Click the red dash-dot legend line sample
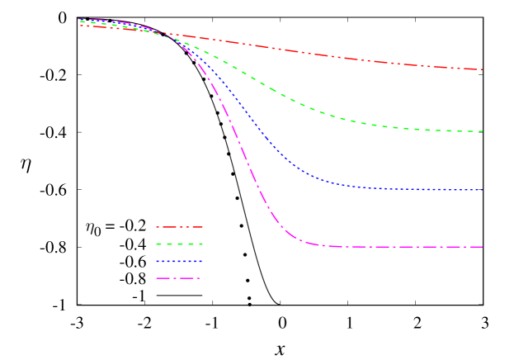(179, 226)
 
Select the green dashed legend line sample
(179, 244)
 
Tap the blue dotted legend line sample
(179, 261)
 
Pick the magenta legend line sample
(179, 278)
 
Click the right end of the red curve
(483, 69)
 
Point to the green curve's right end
(483, 131)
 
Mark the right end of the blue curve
(483, 191)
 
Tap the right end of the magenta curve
(483, 247)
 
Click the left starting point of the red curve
(80, 26)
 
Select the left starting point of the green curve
(80, 21)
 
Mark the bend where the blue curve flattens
(330, 182)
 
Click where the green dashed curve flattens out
(371, 124)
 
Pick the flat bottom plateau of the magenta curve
(404, 247)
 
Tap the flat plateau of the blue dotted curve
(413, 190)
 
